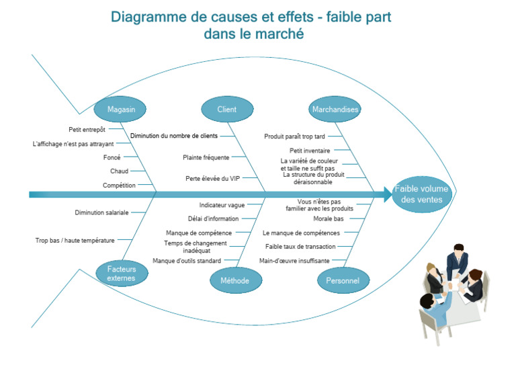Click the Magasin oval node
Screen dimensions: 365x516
tap(121, 109)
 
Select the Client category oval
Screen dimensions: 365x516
tap(227, 109)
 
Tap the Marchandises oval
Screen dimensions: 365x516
tap(335, 109)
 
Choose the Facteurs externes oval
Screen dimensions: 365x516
tap(121, 273)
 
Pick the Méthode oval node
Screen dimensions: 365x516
tap(235, 280)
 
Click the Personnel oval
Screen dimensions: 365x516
tap(343, 280)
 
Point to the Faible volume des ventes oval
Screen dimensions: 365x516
tap(421, 194)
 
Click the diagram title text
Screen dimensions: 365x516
tap(251, 25)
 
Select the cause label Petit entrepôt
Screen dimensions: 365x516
tap(87, 129)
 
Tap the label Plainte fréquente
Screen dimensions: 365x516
tap(206, 157)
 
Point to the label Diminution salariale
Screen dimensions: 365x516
tap(101, 212)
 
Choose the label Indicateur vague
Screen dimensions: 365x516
tap(222, 205)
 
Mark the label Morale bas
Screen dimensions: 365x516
tap(329, 218)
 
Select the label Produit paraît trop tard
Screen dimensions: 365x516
tap(294, 136)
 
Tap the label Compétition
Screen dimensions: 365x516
tap(119, 186)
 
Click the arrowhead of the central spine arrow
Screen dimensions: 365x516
tap(387, 194)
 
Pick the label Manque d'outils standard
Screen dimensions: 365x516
tap(187, 261)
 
